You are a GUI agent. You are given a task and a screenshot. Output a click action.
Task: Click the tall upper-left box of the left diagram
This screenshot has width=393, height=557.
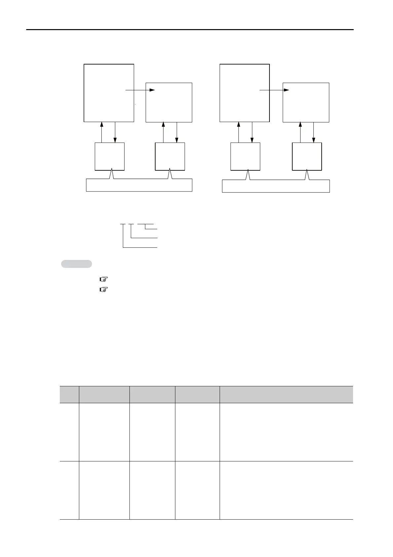[109, 93]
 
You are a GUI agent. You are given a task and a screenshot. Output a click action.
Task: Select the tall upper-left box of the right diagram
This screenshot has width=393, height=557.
[244, 93]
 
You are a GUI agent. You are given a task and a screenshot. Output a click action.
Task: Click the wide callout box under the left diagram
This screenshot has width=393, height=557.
[139, 185]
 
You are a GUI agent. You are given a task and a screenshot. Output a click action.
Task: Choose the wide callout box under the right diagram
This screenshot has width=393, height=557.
[276, 186]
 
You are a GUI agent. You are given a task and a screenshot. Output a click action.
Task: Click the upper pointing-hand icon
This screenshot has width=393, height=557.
[104, 279]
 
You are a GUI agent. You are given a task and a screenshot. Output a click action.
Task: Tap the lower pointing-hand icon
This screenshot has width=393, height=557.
[104, 290]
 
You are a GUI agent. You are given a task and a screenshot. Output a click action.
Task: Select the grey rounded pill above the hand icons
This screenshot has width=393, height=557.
[77, 264]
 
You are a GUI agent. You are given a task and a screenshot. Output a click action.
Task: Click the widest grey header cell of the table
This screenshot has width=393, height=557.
[286, 394]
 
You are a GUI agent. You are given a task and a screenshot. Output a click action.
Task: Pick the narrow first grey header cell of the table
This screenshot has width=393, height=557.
[69, 394]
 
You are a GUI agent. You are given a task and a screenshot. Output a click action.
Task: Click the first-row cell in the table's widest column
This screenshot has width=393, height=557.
[286, 432]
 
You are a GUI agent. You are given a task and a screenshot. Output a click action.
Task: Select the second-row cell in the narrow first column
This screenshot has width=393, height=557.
[69, 490]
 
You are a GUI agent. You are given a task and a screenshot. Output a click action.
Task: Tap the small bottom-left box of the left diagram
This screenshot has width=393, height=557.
[110, 156]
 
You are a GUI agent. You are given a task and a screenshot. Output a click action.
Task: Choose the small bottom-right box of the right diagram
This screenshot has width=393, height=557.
[307, 156]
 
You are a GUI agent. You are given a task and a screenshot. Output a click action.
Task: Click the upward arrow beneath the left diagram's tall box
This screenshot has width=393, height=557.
[102, 132]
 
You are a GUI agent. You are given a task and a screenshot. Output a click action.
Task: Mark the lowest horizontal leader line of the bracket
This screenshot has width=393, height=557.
[140, 247]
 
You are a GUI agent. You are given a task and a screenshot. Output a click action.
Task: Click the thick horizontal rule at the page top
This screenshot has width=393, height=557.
[190, 30]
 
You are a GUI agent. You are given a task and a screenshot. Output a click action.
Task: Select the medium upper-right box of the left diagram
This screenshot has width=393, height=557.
[169, 103]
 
